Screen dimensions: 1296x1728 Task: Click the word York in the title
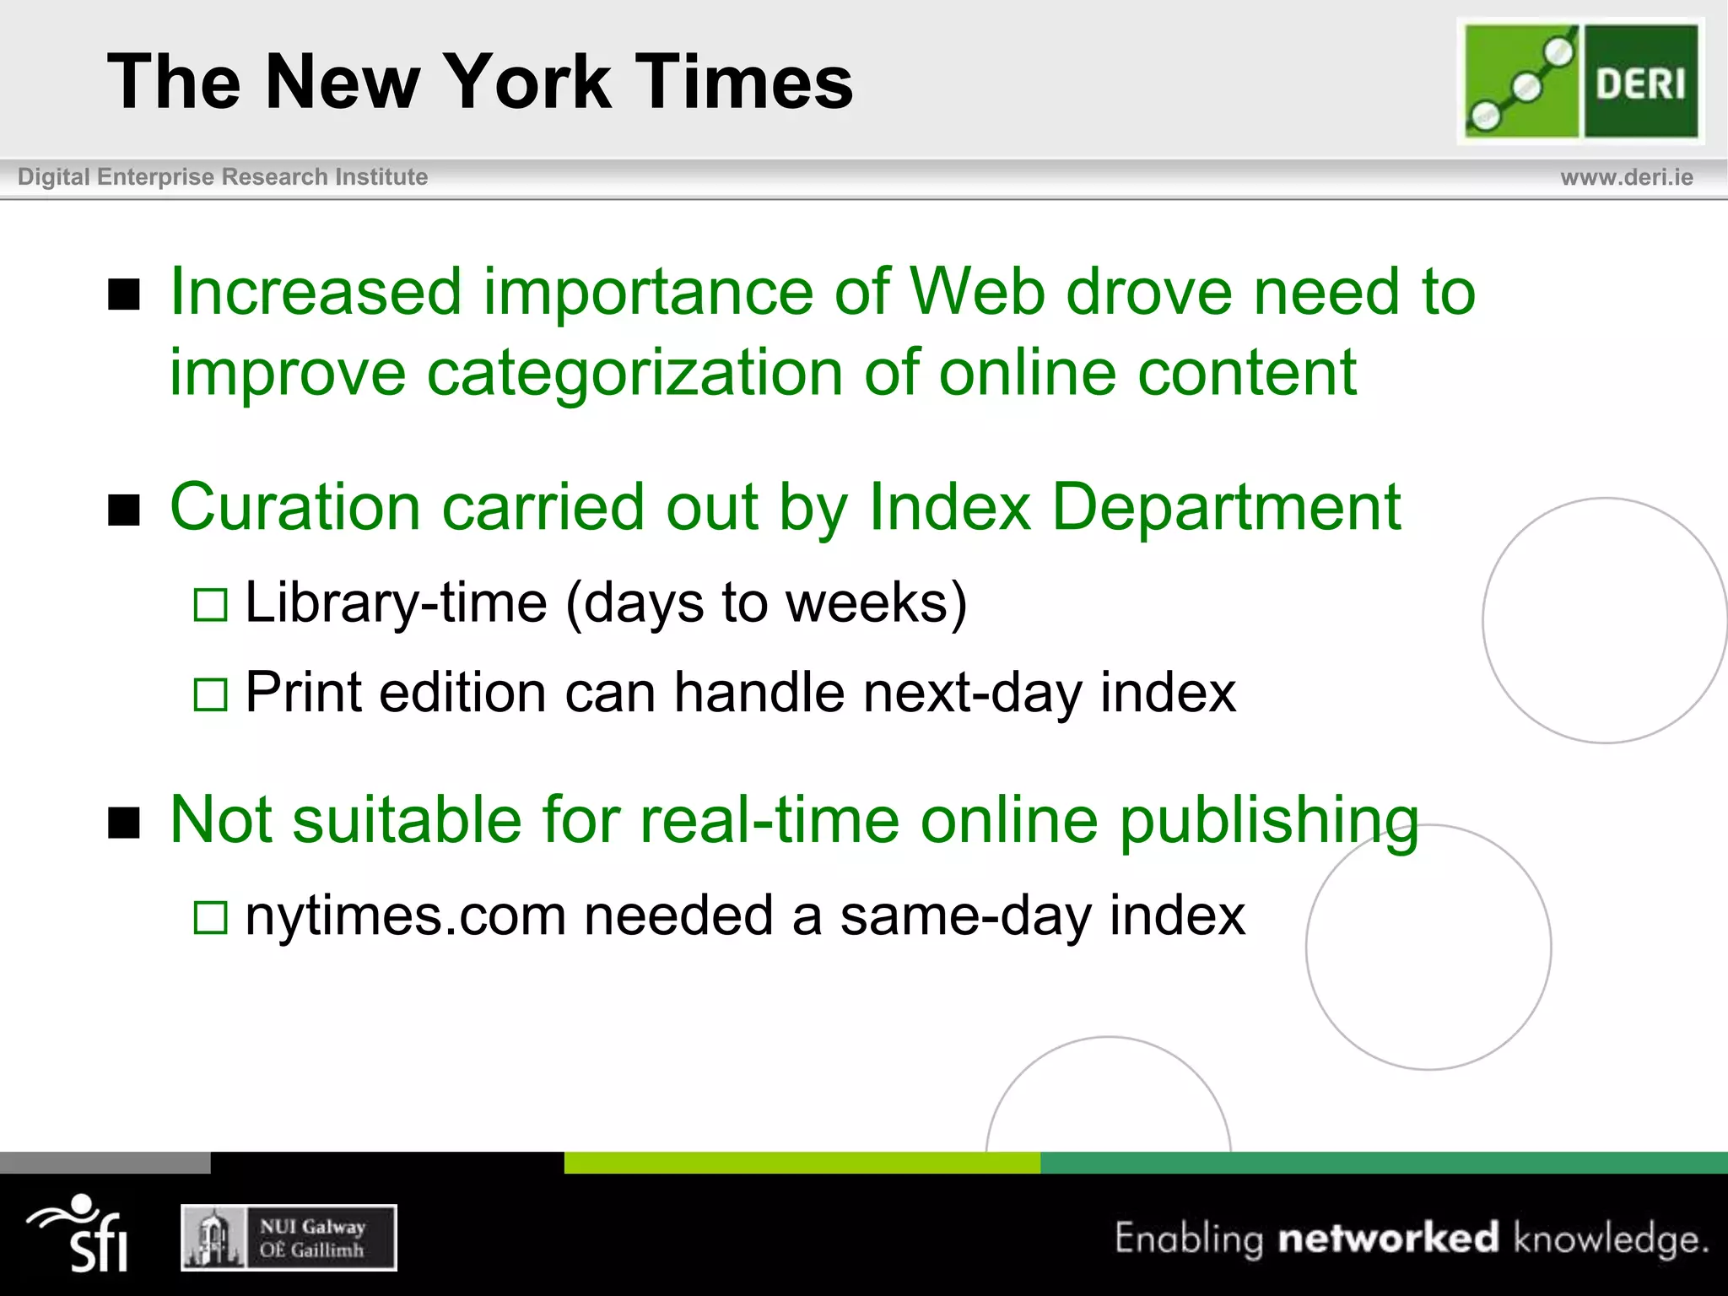coord(526,82)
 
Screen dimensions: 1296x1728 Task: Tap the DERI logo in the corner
coord(1580,81)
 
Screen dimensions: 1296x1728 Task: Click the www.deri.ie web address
coord(1626,177)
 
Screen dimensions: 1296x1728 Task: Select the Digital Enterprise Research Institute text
coord(223,177)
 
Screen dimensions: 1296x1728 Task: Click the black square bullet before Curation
coord(124,510)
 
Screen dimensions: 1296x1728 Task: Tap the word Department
coord(1226,507)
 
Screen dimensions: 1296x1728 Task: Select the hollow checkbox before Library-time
coord(211,605)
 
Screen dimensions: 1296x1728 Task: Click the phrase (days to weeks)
coord(766,603)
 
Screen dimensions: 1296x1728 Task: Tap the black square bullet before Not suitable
coord(124,822)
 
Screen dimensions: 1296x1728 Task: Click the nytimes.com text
coord(405,916)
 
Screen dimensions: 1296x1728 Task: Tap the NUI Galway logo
coord(289,1238)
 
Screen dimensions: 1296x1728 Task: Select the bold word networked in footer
coord(1388,1238)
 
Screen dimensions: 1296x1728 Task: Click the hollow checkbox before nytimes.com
coord(211,918)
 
